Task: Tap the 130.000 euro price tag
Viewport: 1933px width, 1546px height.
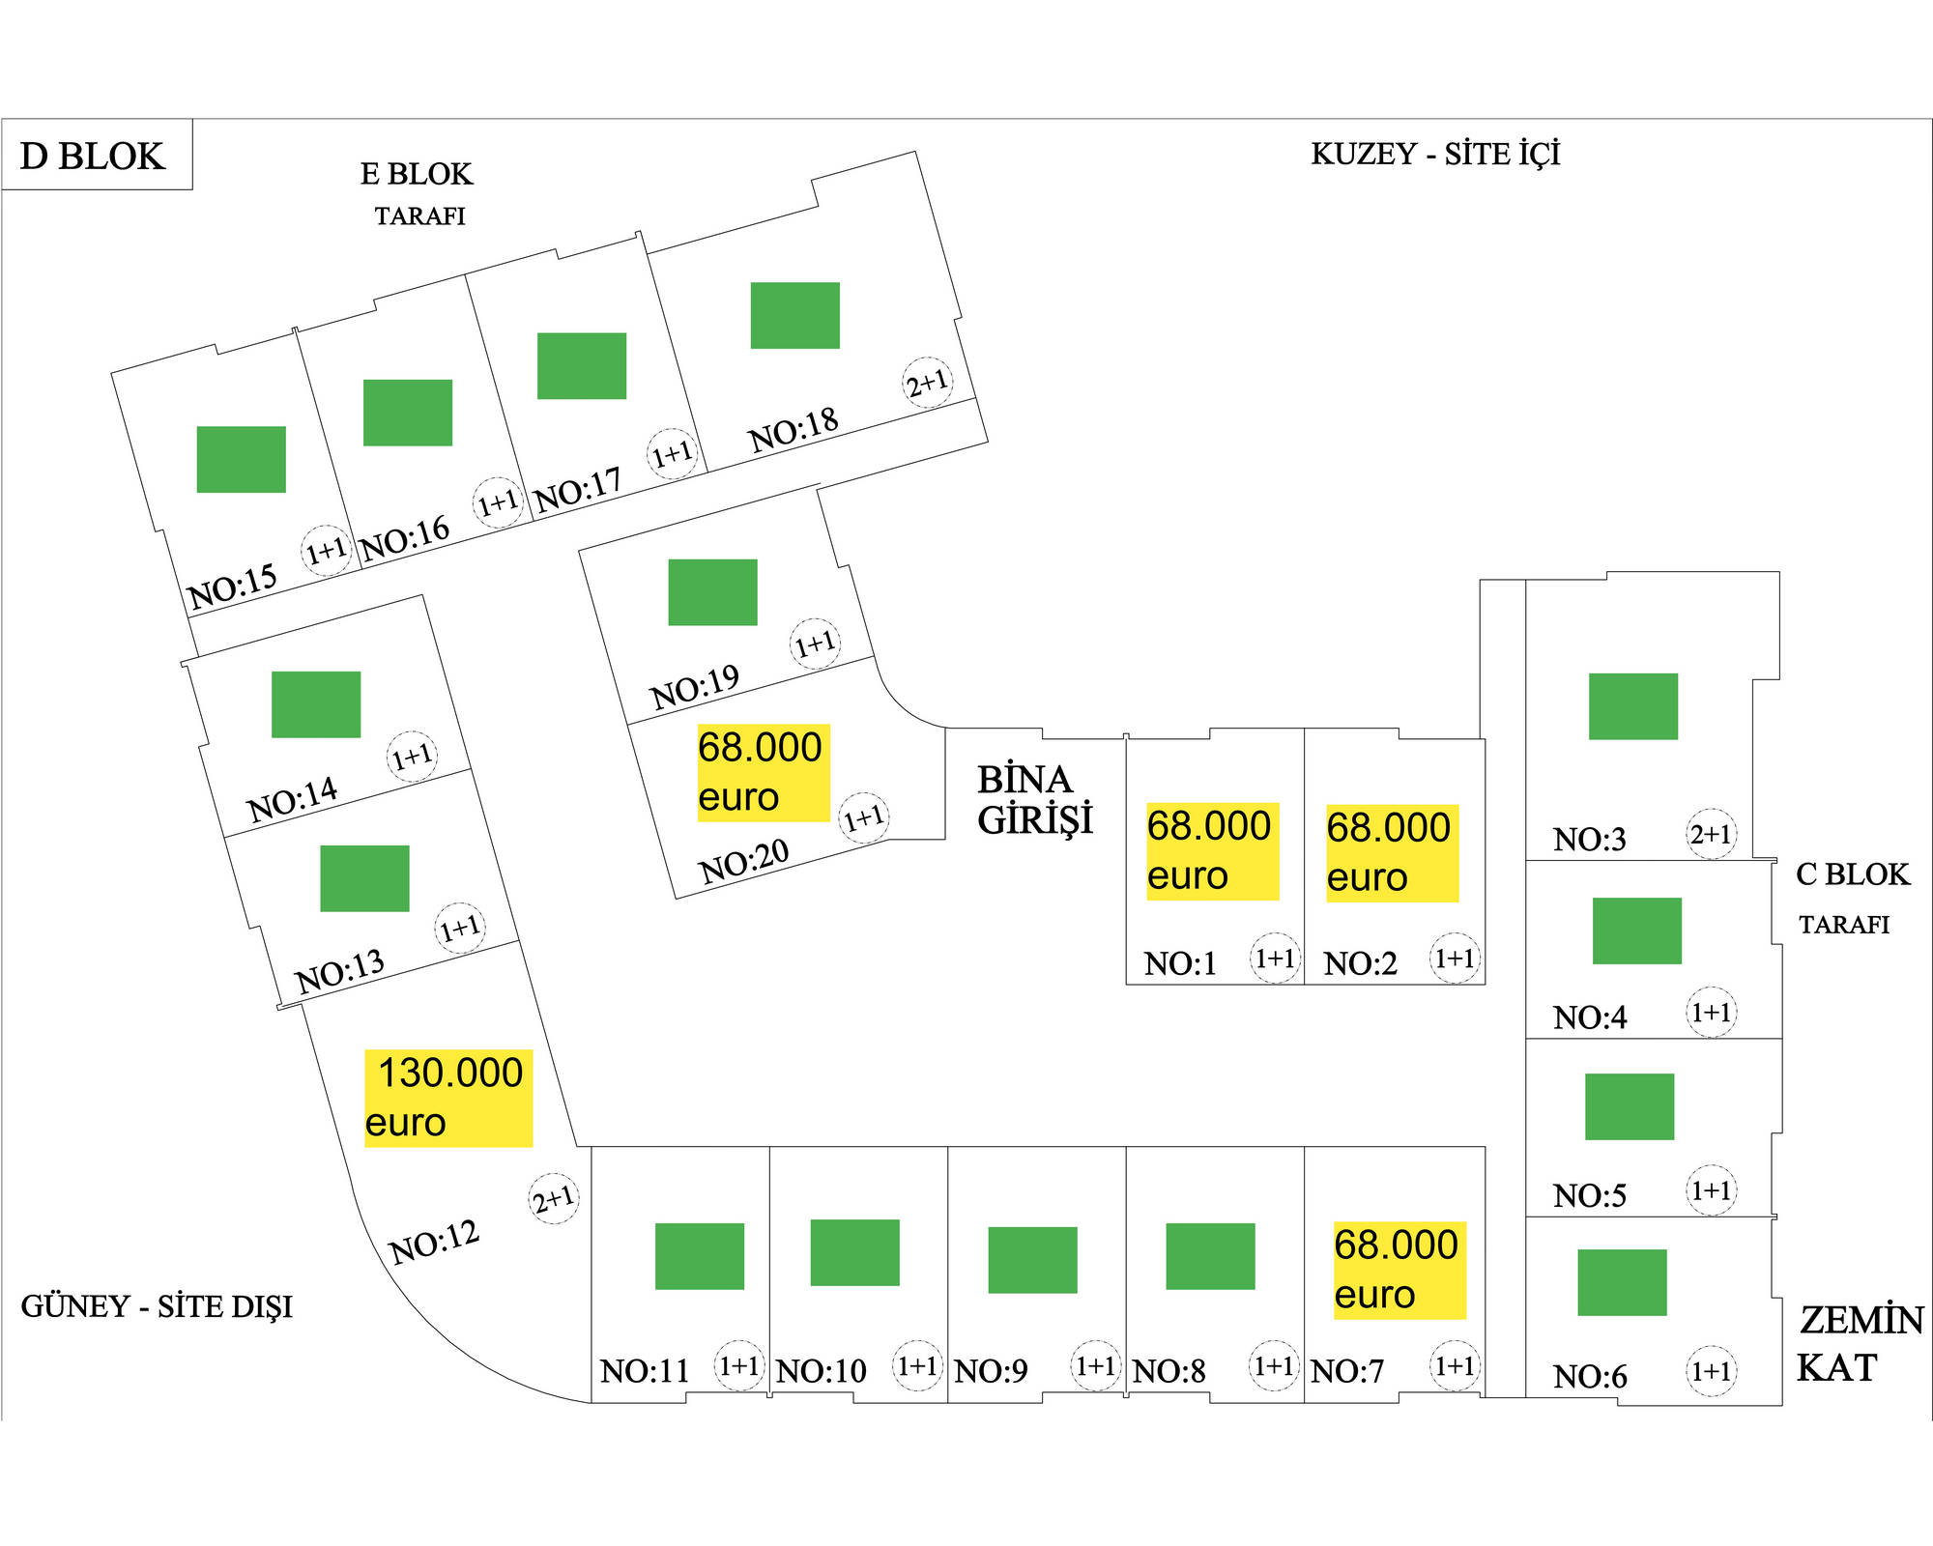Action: tap(448, 1098)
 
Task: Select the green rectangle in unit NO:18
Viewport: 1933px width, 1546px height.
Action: tap(794, 315)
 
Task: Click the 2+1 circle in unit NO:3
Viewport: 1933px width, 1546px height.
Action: tap(1711, 834)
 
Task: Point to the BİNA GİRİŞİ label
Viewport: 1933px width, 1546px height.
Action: tap(1034, 800)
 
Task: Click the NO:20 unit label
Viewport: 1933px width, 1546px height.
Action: tap(744, 861)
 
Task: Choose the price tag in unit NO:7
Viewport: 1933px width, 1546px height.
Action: tap(1399, 1270)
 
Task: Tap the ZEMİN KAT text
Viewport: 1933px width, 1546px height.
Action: tap(1858, 1344)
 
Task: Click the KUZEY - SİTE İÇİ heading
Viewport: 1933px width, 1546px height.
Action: tap(1435, 155)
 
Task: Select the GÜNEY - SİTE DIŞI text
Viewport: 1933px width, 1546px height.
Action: tap(157, 1306)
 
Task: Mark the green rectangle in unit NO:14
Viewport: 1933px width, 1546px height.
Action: tap(316, 704)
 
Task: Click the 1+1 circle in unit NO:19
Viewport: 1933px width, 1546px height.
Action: tap(815, 644)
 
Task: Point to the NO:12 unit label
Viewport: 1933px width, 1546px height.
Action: tap(434, 1242)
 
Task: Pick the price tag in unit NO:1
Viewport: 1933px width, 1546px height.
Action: tap(1212, 851)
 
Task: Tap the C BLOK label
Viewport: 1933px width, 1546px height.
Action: tap(1852, 874)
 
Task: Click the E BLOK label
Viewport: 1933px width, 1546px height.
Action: tap(417, 174)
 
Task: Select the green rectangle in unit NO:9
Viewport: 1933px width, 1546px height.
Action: tap(1032, 1260)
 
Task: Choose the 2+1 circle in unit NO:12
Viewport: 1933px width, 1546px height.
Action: tap(554, 1199)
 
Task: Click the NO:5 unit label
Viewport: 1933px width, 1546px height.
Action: tap(1590, 1196)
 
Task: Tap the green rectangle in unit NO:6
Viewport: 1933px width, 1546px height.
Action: tap(1622, 1282)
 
